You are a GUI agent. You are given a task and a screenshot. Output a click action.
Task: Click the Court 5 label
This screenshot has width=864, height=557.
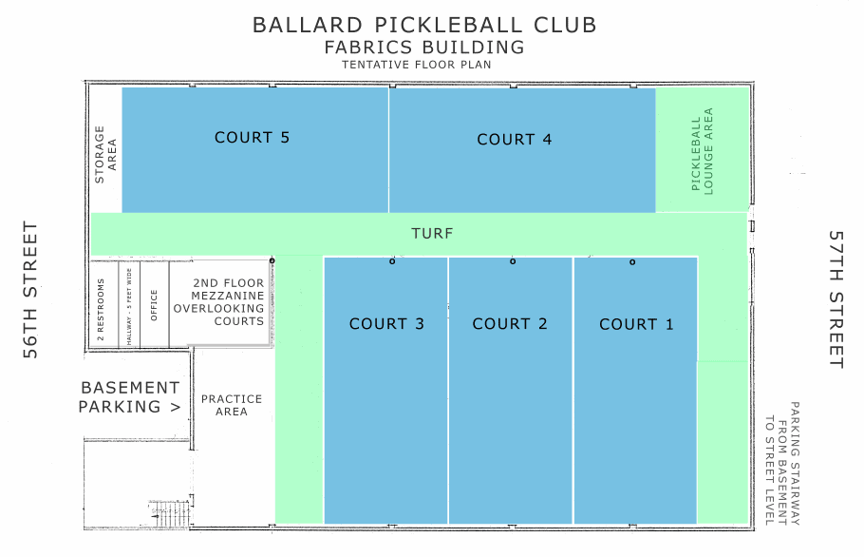click(252, 137)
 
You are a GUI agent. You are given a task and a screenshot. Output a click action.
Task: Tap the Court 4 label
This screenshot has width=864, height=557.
click(514, 140)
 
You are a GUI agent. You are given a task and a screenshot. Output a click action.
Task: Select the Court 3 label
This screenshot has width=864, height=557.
click(386, 324)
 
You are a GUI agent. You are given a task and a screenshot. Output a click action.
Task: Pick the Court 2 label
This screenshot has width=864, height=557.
click(510, 324)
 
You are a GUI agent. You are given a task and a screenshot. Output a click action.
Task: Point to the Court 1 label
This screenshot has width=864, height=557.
click(636, 324)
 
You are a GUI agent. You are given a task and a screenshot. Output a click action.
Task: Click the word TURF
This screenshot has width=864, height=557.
click(433, 233)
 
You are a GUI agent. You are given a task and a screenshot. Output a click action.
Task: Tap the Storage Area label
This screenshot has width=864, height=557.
click(105, 154)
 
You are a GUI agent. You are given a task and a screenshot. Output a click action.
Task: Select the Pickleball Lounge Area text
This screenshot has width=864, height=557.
click(702, 150)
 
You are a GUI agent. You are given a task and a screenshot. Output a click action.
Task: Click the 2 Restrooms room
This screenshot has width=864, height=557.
click(104, 304)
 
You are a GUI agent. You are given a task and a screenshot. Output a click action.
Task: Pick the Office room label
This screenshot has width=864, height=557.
click(154, 305)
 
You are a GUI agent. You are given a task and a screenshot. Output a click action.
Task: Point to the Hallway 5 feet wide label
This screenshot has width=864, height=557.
click(129, 307)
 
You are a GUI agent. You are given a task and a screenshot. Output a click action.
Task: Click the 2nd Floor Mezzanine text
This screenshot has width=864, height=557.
click(218, 301)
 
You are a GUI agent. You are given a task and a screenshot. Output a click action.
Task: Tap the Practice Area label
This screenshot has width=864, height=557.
click(232, 405)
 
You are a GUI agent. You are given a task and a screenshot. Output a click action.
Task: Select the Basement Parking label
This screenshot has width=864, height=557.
click(129, 397)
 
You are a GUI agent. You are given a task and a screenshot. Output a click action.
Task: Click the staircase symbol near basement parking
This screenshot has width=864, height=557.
click(171, 513)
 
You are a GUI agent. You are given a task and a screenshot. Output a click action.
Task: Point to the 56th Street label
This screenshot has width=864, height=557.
click(30, 290)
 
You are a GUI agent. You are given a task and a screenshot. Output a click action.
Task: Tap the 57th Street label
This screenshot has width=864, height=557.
click(836, 298)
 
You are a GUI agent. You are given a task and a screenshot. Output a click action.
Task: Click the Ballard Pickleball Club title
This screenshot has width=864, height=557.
click(424, 26)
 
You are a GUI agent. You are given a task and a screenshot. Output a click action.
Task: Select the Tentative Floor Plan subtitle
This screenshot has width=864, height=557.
click(417, 65)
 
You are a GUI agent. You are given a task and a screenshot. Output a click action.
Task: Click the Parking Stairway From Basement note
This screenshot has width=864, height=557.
click(782, 463)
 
